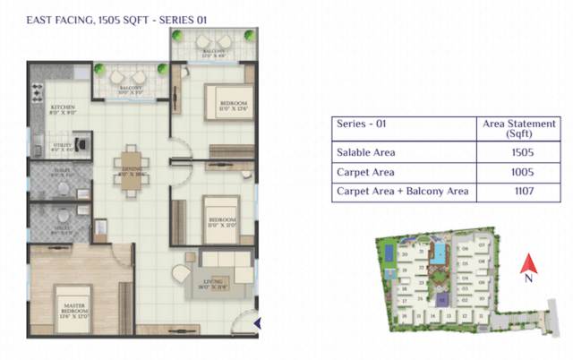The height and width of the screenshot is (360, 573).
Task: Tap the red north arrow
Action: click(529, 263)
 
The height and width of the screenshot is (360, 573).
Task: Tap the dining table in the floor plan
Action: click(130, 165)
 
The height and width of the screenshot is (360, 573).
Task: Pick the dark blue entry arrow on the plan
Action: click(258, 323)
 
